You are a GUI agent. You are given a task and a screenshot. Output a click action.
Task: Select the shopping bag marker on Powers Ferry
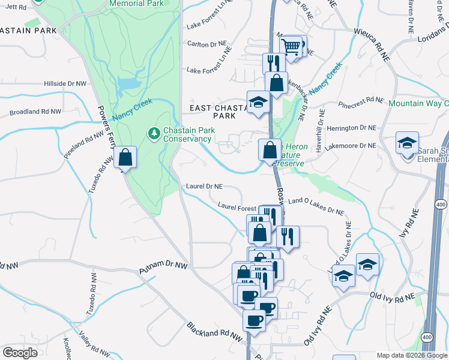[x=125, y=158]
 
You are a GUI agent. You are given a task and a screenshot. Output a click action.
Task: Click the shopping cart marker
[x=291, y=46]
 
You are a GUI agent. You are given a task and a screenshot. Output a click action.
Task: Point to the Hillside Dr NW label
[x=65, y=83]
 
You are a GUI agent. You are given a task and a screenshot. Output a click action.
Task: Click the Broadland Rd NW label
[x=35, y=112]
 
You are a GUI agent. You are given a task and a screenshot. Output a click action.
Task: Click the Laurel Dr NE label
[x=205, y=187]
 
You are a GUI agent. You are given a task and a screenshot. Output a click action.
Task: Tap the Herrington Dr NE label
[x=352, y=128]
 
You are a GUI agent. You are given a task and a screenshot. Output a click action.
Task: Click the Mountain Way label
[x=418, y=103]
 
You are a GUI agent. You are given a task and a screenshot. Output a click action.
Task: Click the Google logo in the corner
[x=20, y=352]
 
